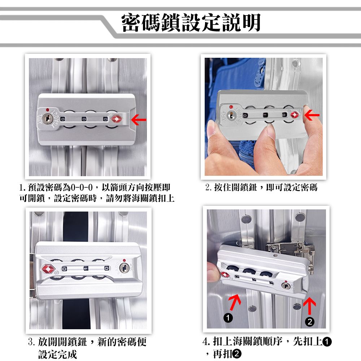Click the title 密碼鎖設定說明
click(x=191, y=22)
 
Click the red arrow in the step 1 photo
click(x=139, y=120)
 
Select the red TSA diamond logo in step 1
click(x=117, y=119)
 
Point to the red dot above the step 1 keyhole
click(x=47, y=110)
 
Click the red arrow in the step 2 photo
click(x=312, y=115)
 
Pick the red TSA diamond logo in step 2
click(x=295, y=114)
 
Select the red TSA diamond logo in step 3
click(x=48, y=269)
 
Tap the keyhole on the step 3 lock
click(x=125, y=268)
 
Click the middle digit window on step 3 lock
click(x=86, y=268)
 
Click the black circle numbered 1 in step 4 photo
click(x=228, y=318)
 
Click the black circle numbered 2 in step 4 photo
click(x=310, y=322)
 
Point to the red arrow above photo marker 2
click(x=309, y=306)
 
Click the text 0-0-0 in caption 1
click(x=82, y=187)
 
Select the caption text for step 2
click(x=261, y=187)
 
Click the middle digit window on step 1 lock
click(x=84, y=119)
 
